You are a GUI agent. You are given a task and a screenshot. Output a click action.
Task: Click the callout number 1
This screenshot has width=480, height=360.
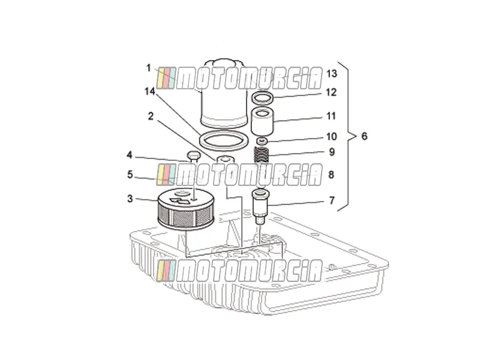click(x=149, y=68)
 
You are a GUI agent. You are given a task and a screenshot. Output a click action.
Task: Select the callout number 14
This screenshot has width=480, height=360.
click(x=150, y=91)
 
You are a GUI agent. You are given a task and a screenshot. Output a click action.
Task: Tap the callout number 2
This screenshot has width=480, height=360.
click(x=151, y=116)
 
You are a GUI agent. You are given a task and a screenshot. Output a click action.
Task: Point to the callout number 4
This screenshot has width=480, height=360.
click(x=130, y=155)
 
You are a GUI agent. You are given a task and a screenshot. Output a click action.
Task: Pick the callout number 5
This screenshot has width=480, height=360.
click(x=130, y=175)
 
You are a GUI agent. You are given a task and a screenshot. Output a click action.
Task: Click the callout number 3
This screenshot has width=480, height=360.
click(x=130, y=199)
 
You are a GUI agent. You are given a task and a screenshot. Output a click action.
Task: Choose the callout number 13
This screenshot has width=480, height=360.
click(x=332, y=73)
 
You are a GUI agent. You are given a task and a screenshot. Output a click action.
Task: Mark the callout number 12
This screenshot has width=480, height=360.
click(x=331, y=92)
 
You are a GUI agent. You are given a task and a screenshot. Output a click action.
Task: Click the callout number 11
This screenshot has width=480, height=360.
click(x=331, y=116)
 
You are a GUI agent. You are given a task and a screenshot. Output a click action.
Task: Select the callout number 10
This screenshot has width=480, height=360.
click(x=332, y=136)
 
